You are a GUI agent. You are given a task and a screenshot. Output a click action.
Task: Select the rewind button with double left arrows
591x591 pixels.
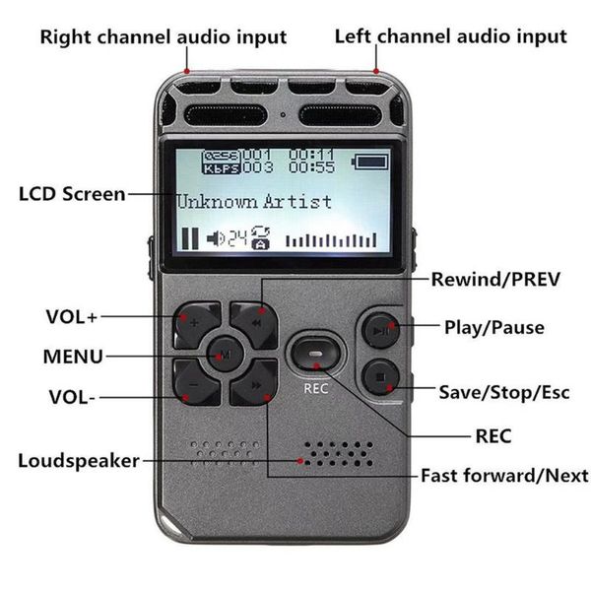coord(254,322)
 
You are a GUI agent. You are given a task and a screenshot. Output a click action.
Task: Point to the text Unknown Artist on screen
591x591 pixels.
coord(253,201)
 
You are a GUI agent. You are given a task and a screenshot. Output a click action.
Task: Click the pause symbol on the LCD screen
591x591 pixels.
coord(188,237)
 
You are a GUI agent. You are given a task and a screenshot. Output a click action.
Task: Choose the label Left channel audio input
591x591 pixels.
coord(450,37)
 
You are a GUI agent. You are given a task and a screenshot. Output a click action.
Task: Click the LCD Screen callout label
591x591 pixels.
coord(72,193)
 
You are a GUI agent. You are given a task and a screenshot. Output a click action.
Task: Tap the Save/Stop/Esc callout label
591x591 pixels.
coord(503,392)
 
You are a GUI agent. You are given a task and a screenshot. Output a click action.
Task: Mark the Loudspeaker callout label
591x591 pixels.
coord(78,461)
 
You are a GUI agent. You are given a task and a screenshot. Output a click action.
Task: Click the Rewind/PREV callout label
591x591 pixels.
coord(495,280)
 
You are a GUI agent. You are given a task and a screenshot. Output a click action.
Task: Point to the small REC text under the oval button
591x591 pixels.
coord(314,387)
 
